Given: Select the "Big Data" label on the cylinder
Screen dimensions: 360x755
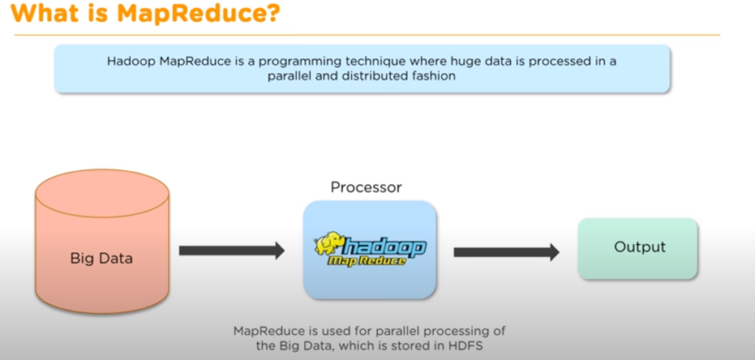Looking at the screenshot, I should [x=101, y=259].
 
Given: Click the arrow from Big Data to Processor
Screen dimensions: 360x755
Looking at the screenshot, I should [x=231, y=251].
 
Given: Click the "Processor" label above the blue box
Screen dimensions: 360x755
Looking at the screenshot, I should [x=366, y=187].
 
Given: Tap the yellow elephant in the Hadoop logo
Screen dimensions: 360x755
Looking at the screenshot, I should [x=333, y=245].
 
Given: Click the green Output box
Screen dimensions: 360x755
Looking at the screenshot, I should [x=637, y=248].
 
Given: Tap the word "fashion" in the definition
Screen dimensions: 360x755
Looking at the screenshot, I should [x=435, y=76].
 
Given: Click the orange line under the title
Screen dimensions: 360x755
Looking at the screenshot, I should [x=365, y=35].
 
